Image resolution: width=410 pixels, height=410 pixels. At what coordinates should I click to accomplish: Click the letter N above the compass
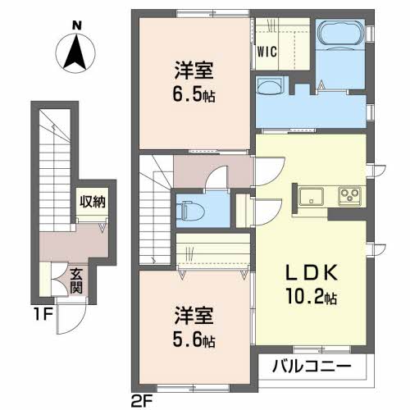[x=77, y=25]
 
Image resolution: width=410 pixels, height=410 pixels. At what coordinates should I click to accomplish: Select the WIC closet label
[x=267, y=52]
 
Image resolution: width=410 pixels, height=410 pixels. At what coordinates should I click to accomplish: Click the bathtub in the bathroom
[x=340, y=33]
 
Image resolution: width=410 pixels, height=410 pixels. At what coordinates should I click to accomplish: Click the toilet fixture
[x=190, y=209]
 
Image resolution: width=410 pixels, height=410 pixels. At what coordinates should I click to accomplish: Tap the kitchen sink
[x=311, y=196]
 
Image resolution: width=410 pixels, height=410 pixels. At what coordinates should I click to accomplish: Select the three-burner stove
[x=350, y=196]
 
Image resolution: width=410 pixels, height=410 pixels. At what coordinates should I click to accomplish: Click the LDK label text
[x=312, y=273]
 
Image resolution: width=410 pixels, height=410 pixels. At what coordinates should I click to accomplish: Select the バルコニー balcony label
[x=312, y=367]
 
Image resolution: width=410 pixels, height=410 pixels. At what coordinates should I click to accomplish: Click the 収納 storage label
[x=93, y=203]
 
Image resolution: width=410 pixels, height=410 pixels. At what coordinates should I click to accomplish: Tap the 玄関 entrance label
[x=76, y=280]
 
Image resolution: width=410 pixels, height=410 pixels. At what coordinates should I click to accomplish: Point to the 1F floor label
[x=43, y=315]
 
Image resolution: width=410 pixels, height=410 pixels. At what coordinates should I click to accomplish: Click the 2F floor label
[x=142, y=401]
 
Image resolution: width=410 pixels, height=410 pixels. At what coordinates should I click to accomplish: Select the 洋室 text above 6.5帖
[x=194, y=71]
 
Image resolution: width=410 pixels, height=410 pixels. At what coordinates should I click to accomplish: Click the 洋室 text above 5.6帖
[x=194, y=316]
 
